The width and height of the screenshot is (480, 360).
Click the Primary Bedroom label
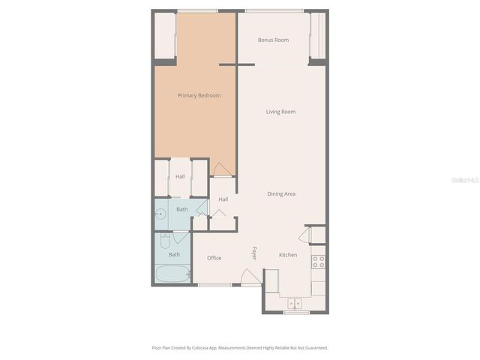[x=199, y=95]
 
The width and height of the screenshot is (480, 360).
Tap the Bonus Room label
[x=273, y=40]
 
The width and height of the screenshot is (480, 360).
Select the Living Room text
[x=280, y=112]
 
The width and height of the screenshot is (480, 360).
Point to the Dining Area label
[x=281, y=193]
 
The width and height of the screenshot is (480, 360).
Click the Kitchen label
[x=288, y=255]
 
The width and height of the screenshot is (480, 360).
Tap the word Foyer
[x=255, y=253]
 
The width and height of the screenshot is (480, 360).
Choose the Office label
[x=214, y=258]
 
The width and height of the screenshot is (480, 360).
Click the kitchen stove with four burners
[x=318, y=261]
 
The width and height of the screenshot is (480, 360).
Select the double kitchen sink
[x=295, y=304]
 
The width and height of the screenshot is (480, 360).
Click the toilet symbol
[x=165, y=240]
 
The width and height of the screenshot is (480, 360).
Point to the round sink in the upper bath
[x=160, y=214]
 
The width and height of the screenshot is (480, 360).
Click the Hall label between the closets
[x=180, y=176]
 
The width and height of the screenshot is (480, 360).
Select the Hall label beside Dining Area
[x=223, y=199]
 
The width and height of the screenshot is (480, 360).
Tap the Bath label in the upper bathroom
[x=182, y=209]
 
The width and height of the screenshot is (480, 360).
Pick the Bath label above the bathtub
[x=174, y=254]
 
